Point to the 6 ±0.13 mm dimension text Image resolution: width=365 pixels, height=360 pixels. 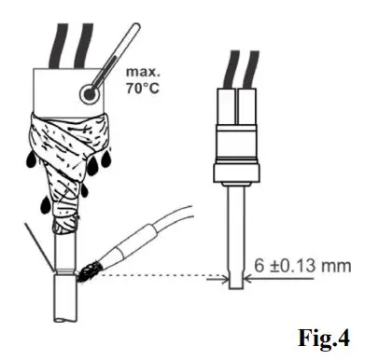299,264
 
